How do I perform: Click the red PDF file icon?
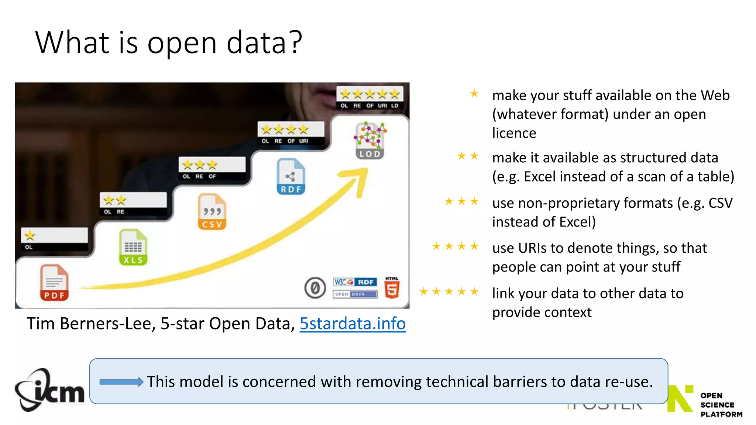point(54,283)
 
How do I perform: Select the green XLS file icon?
point(133,247)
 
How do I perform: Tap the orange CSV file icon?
point(212,212)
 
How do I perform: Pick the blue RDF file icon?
point(291,177)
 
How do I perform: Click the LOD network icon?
point(370,141)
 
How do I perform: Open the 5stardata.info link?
point(353,324)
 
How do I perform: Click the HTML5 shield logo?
point(392,288)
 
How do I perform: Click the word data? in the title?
point(264,42)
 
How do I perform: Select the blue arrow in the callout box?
point(121,382)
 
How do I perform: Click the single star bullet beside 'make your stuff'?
point(474,94)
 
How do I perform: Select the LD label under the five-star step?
point(395,106)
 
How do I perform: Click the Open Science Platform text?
point(721,405)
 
